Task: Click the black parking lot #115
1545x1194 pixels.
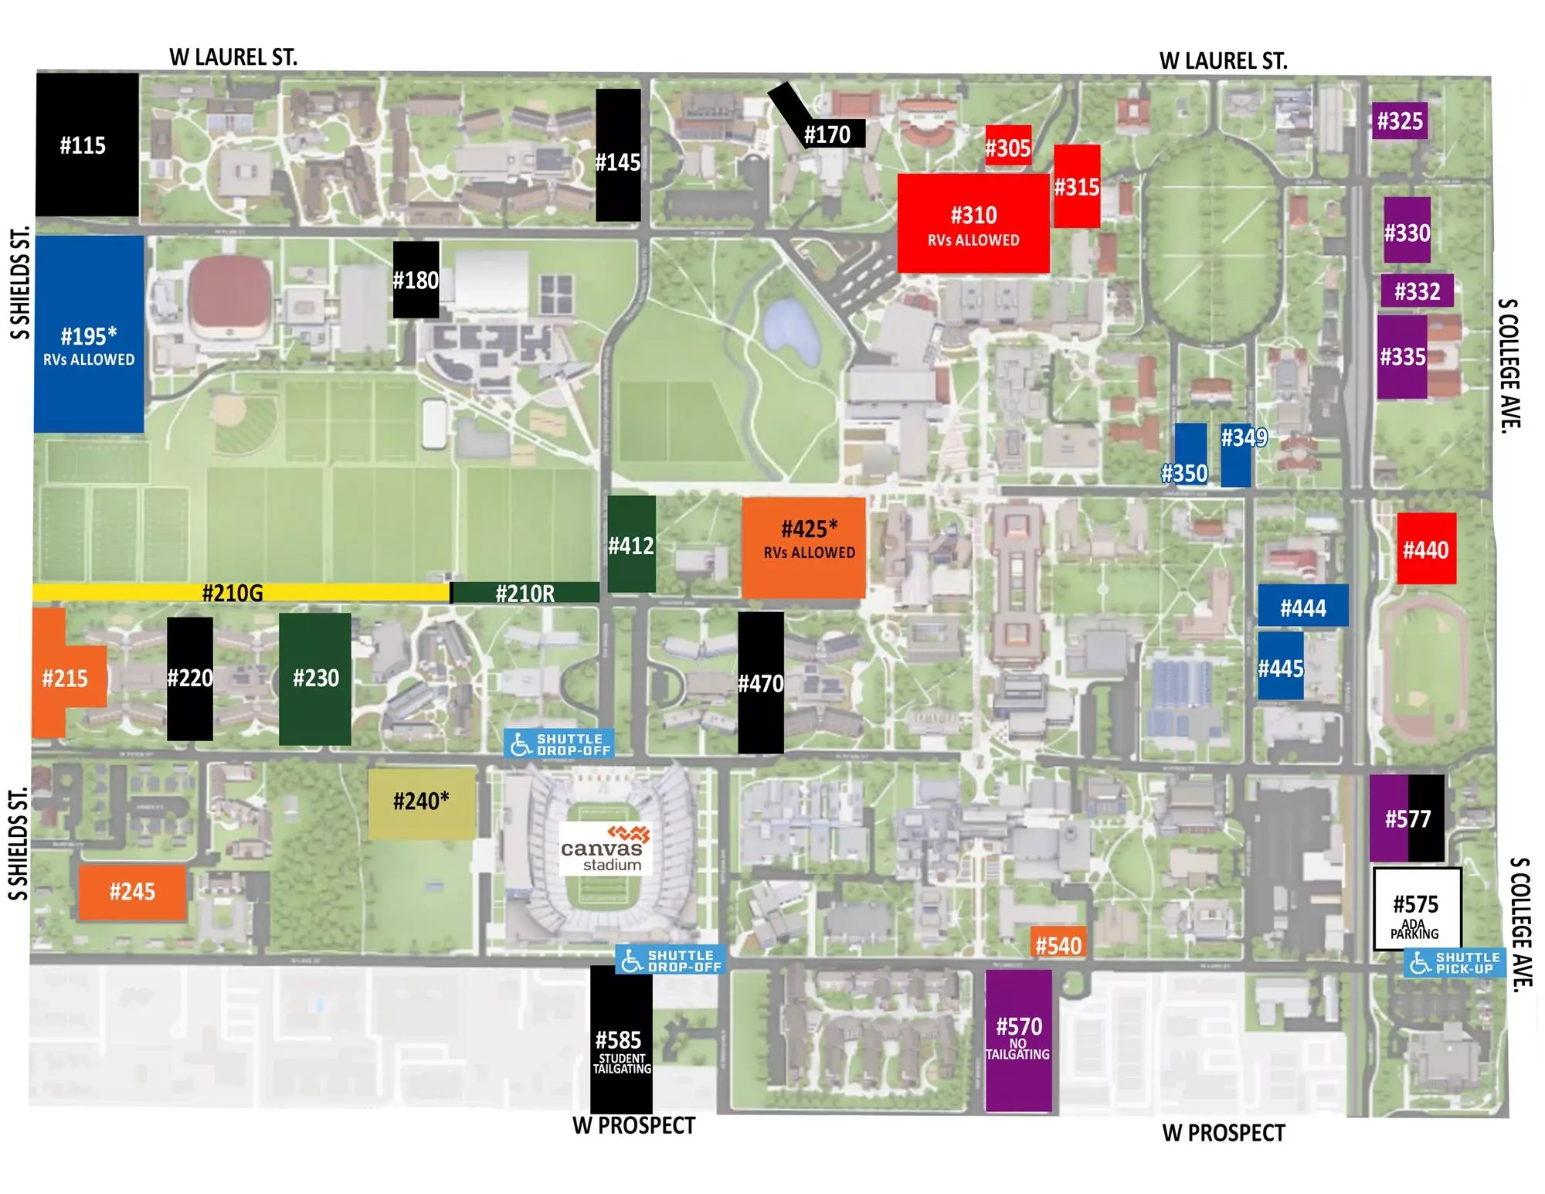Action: click(x=87, y=145)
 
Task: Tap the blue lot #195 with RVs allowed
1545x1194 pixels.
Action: click(x=89, y=334)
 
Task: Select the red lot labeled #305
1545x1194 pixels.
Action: click(x=1008, y=147)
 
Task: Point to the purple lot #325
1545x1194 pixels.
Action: click(x=1400, y=121)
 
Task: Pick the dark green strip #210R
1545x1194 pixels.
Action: click(x=525, y=593)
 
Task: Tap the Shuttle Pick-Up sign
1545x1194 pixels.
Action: click(x=1455, y=962)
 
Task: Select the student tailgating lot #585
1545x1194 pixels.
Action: click(x=621, y=1039)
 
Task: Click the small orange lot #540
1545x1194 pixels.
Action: click(x=1058, y=944)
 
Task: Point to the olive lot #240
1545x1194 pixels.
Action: click(x=421, y=804)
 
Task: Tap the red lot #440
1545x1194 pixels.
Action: click(x=1426, y=549)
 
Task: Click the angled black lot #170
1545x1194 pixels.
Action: click(x=827, y=134)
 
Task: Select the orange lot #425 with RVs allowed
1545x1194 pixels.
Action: click(x=803, y=547)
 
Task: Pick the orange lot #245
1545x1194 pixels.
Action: click(x=132, y=892)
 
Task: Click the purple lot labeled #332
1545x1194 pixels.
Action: click(x=1417, y=291)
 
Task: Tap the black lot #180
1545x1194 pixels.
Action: click(x=416, y=279)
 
